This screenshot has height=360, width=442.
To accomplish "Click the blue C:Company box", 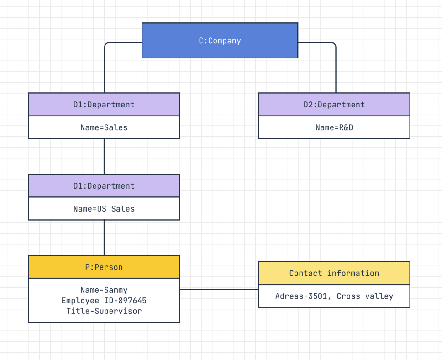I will coord(220,41).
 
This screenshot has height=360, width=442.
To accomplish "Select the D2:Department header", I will coord(334,105).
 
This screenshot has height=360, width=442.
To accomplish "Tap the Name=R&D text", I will coord(334,127).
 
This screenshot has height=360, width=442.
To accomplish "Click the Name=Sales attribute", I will coord(104,127).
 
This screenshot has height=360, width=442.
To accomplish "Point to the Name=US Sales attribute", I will coord(104,209).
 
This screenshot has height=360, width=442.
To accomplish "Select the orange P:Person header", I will coord(104,267).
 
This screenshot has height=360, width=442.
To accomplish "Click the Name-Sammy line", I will coord(104,290).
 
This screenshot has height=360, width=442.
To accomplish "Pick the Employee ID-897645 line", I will coord(104,301).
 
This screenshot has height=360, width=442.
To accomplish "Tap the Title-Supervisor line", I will coord(104,311).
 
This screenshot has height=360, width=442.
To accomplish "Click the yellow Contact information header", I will coord(334,273).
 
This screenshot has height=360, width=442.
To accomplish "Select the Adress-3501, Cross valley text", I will coord(334,296).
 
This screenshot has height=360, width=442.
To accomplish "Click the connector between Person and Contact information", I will coord(219,289).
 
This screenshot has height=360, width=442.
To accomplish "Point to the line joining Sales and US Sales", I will coord(104,156).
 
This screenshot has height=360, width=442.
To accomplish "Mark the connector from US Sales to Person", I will coord(104,238).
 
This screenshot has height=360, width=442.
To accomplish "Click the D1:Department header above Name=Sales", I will coord(104,105).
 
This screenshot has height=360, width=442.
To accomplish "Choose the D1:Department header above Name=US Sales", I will coord(104,186).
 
